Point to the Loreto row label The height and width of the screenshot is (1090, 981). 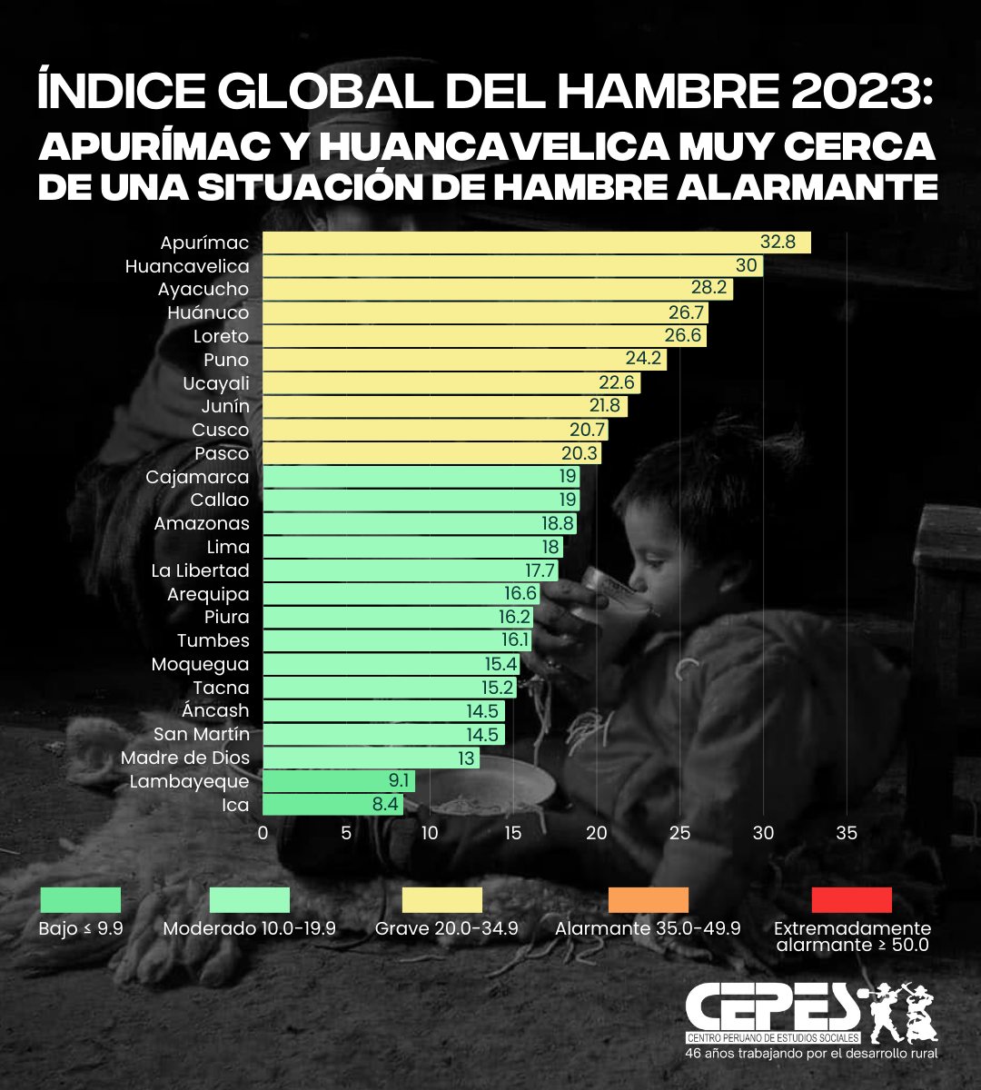point(221,336)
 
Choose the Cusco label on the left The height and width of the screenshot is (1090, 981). point(220,430)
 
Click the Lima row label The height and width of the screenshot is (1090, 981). point(227,547)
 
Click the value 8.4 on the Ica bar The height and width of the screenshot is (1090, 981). point(385,805)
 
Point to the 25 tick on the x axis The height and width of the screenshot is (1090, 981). point(679,833)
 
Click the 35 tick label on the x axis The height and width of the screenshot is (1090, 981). point(847,833)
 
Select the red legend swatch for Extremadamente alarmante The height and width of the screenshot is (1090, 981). point(851,900)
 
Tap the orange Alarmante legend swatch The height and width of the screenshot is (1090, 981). point(649,900)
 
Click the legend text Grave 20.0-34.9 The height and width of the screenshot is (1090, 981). point(447,929)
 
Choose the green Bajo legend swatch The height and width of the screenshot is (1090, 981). point(80,900)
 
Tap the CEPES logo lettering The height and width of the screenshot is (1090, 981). point(772,1006)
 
